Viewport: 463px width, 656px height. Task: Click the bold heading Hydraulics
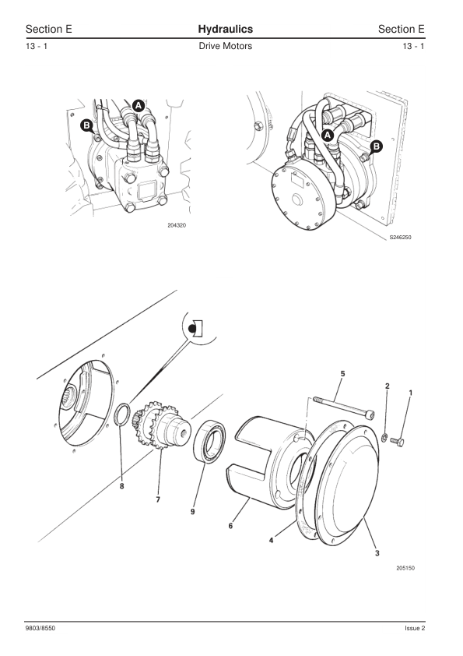click(x=225, y=29)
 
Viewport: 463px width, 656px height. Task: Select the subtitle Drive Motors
click(x=225, y=46)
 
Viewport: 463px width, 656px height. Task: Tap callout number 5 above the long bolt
click(x=342, y=374)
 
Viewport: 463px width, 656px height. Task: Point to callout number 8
click(x=121, y=486)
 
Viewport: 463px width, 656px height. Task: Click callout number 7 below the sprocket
click(x=158, y=499)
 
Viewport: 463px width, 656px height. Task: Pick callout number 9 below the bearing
click(x=193, y=512)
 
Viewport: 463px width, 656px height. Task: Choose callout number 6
click(x=230, y=526)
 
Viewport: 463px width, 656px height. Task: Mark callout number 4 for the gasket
click(x=272, y=541)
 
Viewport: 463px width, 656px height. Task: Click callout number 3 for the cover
click(x=377, y=553)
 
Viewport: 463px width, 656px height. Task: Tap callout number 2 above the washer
click(x=387, y=386)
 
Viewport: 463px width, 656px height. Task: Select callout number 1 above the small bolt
click(x=410, y=393)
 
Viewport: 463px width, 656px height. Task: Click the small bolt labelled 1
click(x=398, y=441)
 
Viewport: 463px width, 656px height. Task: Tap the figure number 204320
click(x=177, y=225)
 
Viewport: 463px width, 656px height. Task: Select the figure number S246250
click(x=400, y=237)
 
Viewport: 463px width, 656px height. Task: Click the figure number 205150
click(x=405, y=568)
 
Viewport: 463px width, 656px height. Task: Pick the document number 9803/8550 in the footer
click(x=40, y=628)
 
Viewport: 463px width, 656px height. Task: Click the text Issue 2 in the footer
click(x=415, y=628)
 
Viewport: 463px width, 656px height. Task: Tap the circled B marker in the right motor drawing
click(x=377, y=146)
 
